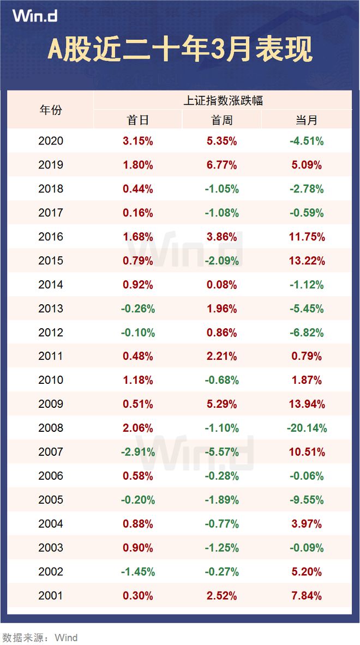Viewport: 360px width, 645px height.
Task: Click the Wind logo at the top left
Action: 35,16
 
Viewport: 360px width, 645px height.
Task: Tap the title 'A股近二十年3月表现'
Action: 180,50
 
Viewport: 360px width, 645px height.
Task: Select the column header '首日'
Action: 138,120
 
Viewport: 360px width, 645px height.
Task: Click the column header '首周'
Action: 222,120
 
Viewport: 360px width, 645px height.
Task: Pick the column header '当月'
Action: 307,120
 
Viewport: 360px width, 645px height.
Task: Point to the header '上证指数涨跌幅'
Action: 223,100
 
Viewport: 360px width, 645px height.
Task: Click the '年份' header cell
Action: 51,110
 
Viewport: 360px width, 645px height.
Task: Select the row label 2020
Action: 51,141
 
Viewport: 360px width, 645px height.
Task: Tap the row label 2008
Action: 51,428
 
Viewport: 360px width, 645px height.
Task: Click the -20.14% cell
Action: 307,428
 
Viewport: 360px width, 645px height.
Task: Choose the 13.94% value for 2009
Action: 307,404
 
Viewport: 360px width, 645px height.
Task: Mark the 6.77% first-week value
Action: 222,165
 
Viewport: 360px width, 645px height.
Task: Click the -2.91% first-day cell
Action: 138,452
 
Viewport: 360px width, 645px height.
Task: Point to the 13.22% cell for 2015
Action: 307,261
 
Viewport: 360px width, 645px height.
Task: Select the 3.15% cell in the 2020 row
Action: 138,141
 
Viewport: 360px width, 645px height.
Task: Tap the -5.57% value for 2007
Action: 222,452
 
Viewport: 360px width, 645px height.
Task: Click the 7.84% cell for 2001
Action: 307,595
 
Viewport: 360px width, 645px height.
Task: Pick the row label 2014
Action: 51,285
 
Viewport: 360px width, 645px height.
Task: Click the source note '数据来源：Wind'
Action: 40,637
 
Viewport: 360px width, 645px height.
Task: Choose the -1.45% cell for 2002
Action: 138,571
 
